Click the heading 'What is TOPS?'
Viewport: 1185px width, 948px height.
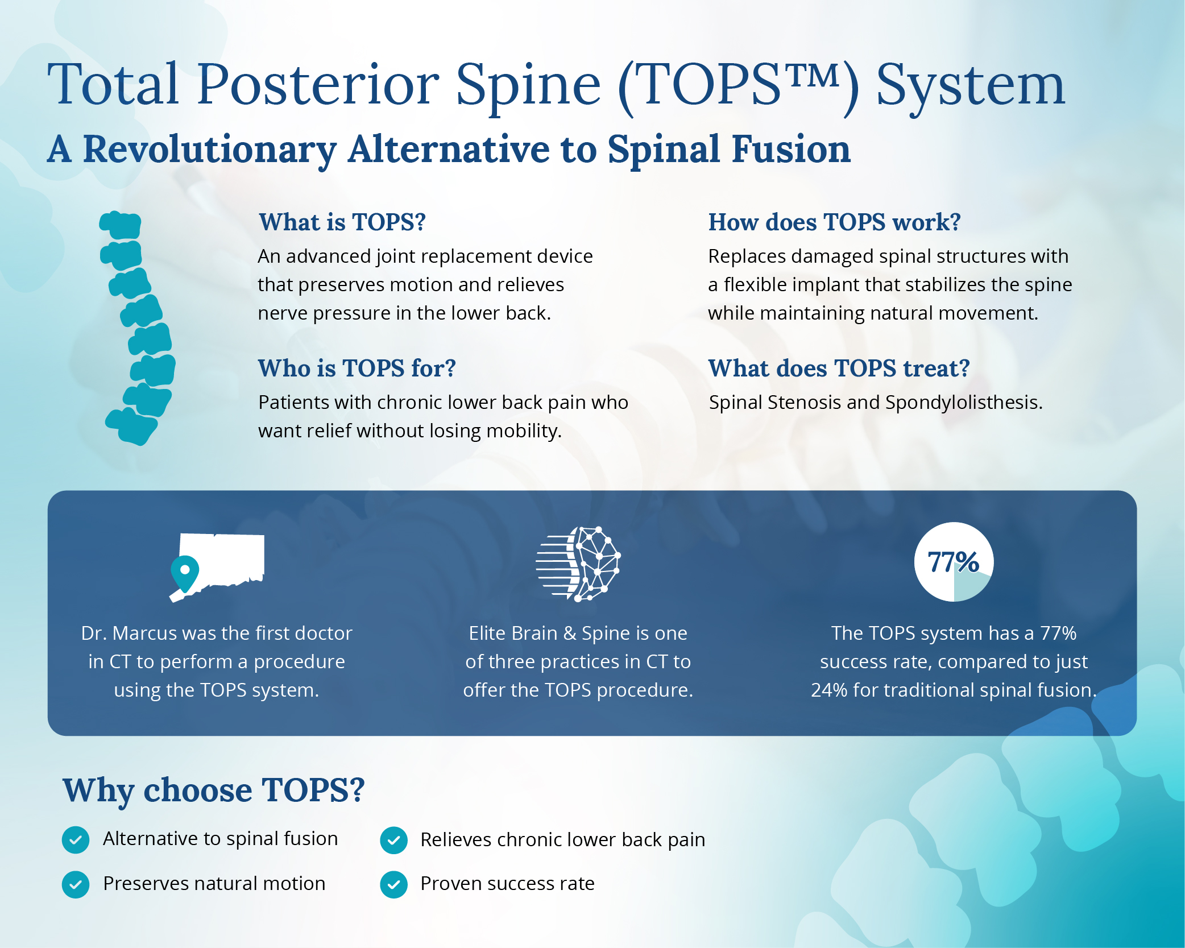tap(342, 222)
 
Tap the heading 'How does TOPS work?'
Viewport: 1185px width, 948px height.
tap(834, 222)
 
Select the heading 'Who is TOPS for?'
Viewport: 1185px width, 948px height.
tap(357, 368)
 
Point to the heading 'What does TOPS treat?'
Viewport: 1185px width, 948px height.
tap(838, 368)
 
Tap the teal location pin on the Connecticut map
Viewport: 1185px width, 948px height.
tap(185, 572)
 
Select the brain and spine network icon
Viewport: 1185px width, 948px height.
tap(578, 563)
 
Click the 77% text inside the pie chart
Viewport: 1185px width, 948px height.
tap(953, 562)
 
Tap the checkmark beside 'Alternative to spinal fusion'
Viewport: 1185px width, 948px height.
tap(76, 840)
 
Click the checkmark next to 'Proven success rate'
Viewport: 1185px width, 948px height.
tap(393, 885)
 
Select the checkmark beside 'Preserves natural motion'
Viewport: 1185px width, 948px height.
tap(76, 885)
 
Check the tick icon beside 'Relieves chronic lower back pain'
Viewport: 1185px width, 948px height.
tap(393, 840)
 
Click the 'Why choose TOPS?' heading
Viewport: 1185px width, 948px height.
tap(213, 790)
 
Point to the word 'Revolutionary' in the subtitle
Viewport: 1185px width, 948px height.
tap(210, 150)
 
